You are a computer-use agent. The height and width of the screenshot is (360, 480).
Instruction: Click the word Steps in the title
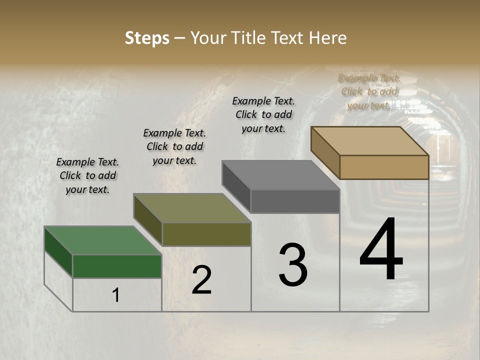coord(147,38)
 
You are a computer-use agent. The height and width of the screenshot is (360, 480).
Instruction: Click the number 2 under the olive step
coord(201,280)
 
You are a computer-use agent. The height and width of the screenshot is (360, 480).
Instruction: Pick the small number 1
coord(116,295)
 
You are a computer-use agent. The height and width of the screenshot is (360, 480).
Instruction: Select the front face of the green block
coord(117,266)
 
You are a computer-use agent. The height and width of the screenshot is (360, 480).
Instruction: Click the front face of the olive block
coord(206,234)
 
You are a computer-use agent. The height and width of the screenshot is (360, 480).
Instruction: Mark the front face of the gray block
coord(295,201)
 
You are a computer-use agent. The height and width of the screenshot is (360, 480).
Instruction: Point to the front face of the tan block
coord(384,167)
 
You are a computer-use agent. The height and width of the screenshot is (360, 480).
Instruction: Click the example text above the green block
coord(87,175)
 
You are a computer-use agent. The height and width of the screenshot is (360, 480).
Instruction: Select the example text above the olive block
coord(174,146)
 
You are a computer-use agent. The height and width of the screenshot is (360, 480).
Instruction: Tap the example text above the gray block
coord(263,114)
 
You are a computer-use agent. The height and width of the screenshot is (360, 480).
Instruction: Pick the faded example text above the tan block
coord(369,91)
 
